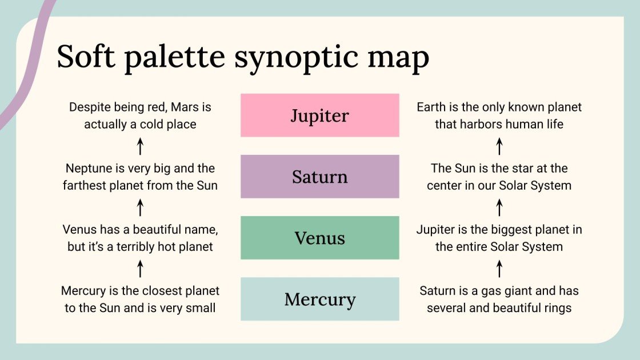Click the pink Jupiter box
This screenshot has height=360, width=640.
pyautogui.click(x=319, y=115)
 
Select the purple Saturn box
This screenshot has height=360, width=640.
pyautogui.click(x=319, y=177)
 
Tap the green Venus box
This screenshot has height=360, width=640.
pyautogui.click(x=319, y=238)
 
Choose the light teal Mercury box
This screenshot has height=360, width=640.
pyautogui.click(x=319, y=299)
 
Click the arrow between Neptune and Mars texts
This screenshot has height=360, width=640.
pyautogui.click(x=140, y=146)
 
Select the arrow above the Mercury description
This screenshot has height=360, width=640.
pyautogui.click(x=140, y=269)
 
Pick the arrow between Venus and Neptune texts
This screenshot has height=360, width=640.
pyautogui.click(x=140, y=207)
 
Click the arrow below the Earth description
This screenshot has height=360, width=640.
pyautogui.click(x=499, y=146)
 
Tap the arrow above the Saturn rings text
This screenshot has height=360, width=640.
pyautogui.click(x=499, y=269)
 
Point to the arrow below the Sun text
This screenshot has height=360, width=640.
pyautogui.click(x=499, y=207)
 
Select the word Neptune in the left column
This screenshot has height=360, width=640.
pyautogui.click(x=88, y=169)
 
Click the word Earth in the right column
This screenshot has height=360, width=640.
pyautogui.click(x=432, y=107)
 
